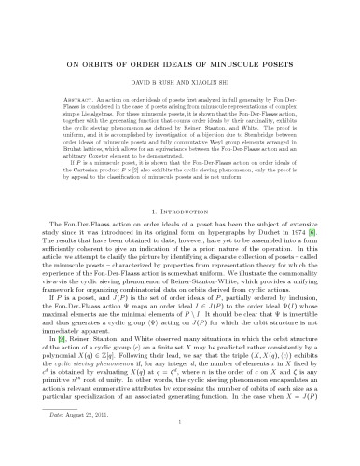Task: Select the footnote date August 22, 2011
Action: (x=90, y=439)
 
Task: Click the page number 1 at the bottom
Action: (x=180, y=447)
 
